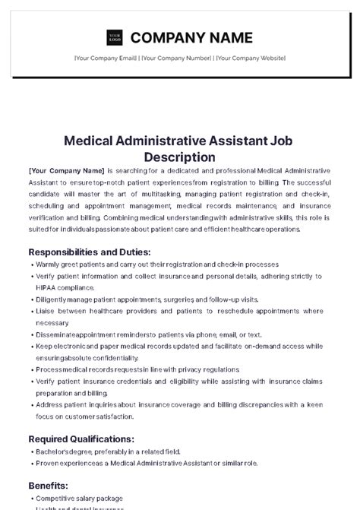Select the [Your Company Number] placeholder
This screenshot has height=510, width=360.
tap(176, 58)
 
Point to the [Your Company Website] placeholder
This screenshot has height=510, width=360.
tap(250, 58)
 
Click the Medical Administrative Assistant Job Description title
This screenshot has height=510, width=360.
tap(180, 148)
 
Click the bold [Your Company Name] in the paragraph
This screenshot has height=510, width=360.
tap(66, 172)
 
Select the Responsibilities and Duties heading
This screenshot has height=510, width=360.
tap(89, 252)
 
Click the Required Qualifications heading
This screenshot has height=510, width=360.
tap(81, 439)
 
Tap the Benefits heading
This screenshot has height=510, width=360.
tap(49, 485)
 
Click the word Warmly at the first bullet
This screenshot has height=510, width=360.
tap(49, 265)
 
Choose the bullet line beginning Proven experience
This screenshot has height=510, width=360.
tap(144, 463)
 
